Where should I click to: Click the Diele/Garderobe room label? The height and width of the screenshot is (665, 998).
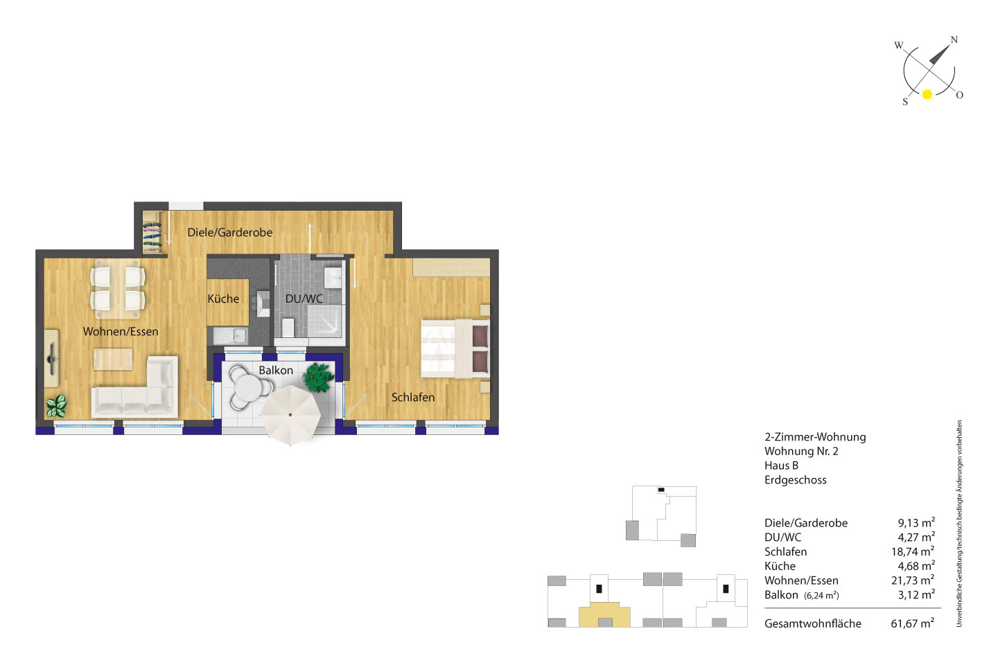click(230, 233)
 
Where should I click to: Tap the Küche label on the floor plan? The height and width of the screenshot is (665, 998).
click(223, 299)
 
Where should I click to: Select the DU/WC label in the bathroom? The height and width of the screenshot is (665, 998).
click(304, 299)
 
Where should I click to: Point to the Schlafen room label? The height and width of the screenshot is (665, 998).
click(413, 398)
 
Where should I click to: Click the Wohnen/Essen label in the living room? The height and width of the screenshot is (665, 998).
click(121, 331)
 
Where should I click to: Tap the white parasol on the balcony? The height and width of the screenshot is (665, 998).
click(290, 415)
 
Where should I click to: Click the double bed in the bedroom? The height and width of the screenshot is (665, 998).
click(455, 348)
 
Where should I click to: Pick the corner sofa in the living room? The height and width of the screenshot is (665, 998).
click(134, 387)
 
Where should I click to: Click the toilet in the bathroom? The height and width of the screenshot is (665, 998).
click(288, 328)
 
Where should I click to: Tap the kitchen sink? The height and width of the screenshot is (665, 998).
click(230, 335)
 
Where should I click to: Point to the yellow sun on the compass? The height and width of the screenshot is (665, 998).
click(927, 94)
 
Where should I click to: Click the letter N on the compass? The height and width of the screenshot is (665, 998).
click(954, 39)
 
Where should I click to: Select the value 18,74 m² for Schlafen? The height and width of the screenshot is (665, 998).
click(913, 551)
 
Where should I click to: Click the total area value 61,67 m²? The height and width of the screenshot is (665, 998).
click(913, 623)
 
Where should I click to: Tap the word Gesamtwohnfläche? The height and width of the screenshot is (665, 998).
click(813, 623)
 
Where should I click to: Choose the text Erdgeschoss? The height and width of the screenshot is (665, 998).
click(796, 480)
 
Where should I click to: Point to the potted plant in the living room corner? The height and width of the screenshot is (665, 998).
click(56, 406)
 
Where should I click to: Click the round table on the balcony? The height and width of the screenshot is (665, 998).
click(249, 387)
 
